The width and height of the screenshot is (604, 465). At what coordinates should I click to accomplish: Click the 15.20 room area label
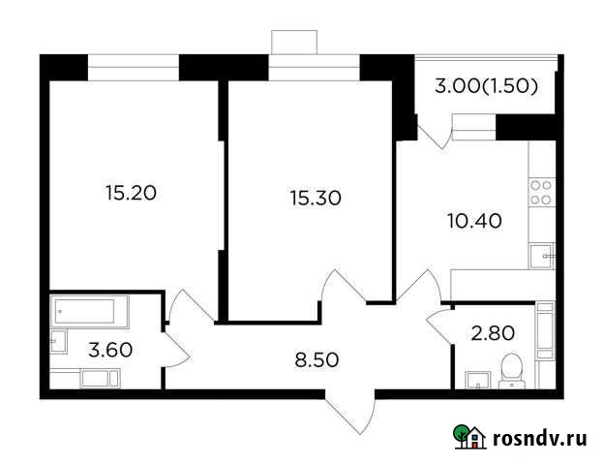[x=131, y=192]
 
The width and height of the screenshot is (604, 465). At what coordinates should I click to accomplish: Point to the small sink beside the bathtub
[x=58, y=340]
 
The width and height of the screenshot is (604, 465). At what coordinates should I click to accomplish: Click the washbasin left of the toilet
[x=476, y=378]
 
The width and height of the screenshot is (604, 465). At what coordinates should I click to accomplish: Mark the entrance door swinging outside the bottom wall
[x=350, y=412]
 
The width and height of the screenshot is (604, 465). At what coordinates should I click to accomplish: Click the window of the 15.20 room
[x=134, y=67]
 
